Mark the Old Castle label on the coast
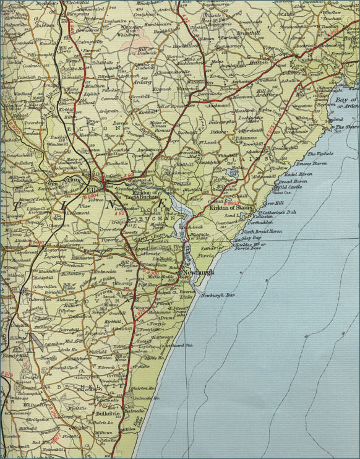tap(290, 186)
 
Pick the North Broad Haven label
tap(262, 231)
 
